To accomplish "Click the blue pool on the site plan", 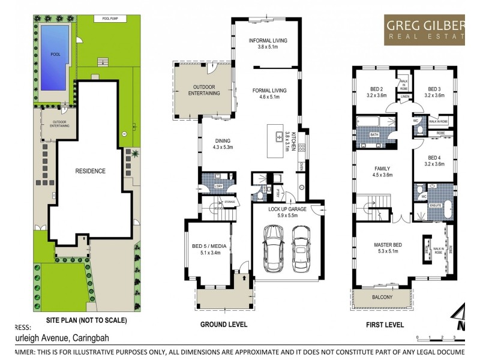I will click(x=55, y=53).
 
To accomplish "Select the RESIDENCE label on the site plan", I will click(x=90, y=171).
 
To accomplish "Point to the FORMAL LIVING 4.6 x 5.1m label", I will click(x=269, y=94).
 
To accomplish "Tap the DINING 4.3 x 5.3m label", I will click(x=223, y=143).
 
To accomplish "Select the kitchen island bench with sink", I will click(x=280, y=137).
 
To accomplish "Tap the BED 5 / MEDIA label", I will click(x=206, y=250).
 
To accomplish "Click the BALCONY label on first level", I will click(x=381, y=297).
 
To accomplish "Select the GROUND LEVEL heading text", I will click(x=223, y=324).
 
